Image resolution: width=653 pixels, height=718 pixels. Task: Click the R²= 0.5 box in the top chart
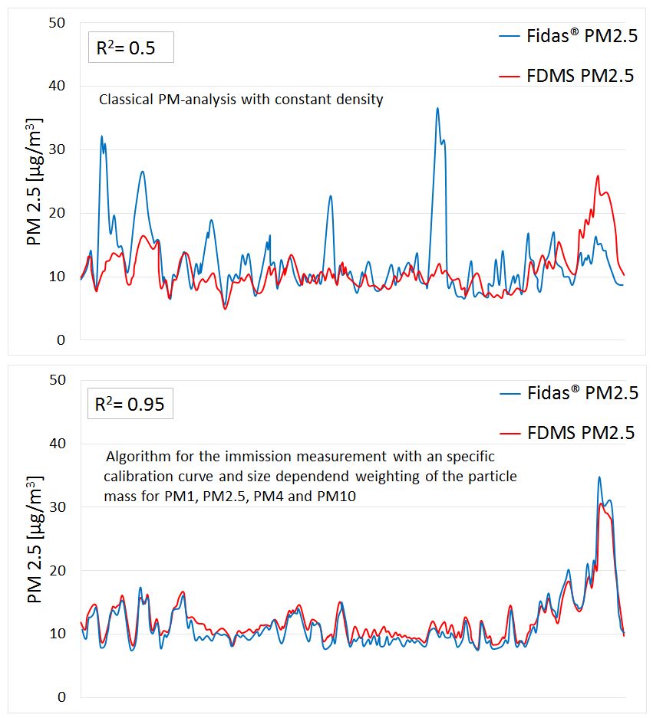click(130, 48)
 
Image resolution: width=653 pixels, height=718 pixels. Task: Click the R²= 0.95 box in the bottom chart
click(130, 404)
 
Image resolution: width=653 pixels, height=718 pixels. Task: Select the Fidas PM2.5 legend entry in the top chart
click(569, 36)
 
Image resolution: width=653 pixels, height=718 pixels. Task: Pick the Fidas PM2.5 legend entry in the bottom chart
click(569, 393)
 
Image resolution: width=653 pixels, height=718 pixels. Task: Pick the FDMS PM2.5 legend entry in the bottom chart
click(569, 432)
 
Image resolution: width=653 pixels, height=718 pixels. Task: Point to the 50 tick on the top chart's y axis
click(56, 22)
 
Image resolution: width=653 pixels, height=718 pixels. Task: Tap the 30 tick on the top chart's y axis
click(56, 149)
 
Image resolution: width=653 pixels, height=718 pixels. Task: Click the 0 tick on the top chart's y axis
click(61, 340)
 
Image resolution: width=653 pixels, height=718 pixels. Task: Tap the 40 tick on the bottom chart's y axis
click(56, 444)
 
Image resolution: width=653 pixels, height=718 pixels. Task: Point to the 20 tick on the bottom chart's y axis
click(56, 571)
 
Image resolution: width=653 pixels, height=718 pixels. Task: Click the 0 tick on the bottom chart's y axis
click(61, 698)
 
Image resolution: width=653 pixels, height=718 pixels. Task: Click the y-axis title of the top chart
click(34, 182)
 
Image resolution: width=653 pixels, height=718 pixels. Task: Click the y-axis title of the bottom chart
click(34, 539)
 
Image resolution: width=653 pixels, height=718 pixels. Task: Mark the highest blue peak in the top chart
click(437, 108)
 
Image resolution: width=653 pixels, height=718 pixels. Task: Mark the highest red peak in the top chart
click(598, 175)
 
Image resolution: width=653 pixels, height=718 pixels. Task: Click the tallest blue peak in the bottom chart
click(599, 477)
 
